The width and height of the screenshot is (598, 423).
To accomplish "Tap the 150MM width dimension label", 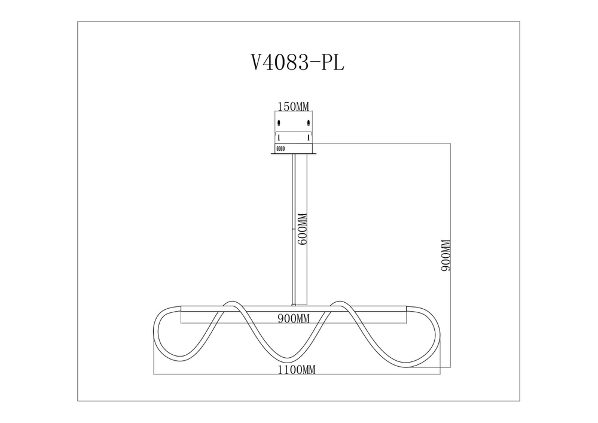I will tap(293, 106).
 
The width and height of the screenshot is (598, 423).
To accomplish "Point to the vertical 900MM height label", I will tap(444, 255).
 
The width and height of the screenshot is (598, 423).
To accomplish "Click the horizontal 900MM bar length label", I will tap(293, 319).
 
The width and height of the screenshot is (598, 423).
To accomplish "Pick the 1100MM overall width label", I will tap(296, 370).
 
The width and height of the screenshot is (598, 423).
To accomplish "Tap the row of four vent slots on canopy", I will tap(280, 147).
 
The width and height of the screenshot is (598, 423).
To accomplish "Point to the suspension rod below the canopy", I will tap(293, 227).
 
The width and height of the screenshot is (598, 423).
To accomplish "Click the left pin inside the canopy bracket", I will tap(279, 137).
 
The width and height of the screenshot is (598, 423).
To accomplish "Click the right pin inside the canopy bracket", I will tap(309, 137).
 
